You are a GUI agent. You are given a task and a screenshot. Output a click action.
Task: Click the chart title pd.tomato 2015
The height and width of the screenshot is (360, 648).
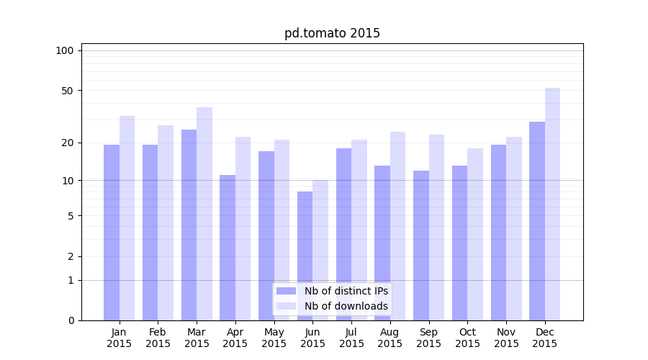[x=332, y=33]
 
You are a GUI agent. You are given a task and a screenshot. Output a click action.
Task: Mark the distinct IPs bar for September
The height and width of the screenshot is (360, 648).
[x=421, y=245]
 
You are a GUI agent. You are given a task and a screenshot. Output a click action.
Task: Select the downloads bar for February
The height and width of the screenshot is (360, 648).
[x=166, y=222]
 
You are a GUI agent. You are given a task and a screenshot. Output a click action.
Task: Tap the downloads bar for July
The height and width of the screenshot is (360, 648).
[x=359, y=230]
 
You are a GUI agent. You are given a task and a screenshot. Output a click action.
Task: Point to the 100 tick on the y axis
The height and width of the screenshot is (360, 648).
[x=65, y=50]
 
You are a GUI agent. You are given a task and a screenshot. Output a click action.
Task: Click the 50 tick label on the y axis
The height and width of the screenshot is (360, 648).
[x=68, y=91]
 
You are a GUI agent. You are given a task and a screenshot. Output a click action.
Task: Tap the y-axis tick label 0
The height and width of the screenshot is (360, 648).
[x=71, y=320]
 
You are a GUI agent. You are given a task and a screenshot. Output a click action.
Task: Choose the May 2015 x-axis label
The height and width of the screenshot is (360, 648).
[x=274, y=338]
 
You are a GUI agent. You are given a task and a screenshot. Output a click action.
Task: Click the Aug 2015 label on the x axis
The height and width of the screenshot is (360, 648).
[x=390, y=338]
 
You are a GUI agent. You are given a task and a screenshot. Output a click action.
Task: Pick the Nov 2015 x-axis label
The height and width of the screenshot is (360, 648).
[x=506, y=338]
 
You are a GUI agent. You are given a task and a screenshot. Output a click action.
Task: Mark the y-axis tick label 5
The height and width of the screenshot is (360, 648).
[x=71, y=215]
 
